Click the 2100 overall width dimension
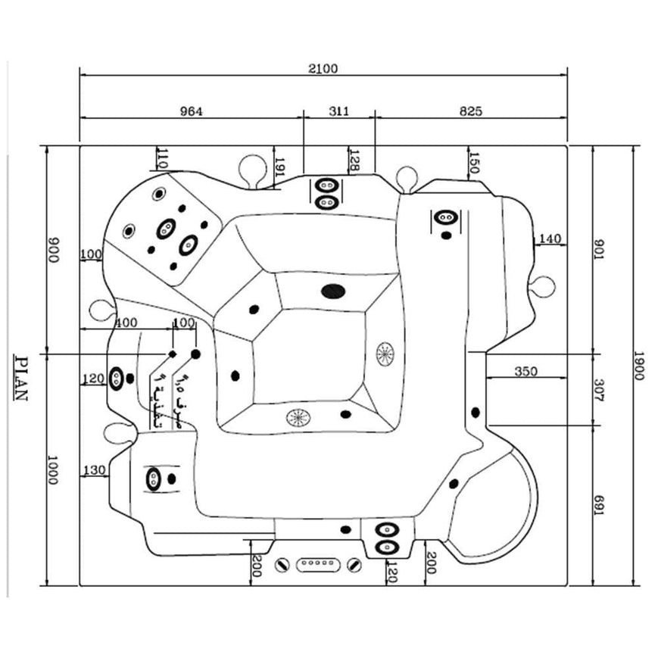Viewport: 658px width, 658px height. pos(323,68)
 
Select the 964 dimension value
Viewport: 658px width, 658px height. pos(191,111)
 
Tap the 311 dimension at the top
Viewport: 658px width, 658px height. pos(339,111)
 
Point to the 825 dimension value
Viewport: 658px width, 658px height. pos(470,111)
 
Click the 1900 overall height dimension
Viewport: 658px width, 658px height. pos(639,366)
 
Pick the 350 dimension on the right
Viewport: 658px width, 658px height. pos(525,371)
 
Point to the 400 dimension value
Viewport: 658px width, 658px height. pos(126,323)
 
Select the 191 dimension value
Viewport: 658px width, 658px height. pos(279,168)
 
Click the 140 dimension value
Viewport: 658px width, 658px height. pos(550,239)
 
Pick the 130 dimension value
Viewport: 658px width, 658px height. pos(94,470)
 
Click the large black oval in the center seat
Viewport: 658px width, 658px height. pos(333,291)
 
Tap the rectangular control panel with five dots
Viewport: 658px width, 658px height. pos(318,564)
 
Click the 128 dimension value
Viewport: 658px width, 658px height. pos(354,160)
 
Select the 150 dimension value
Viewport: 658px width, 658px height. pos(474,163)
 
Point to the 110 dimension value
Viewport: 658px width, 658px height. pos(161,158)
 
